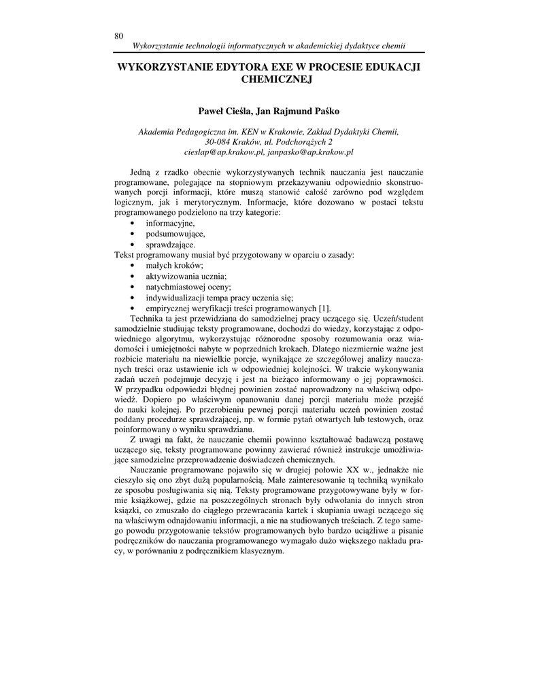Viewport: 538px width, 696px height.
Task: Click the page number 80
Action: [119, 36]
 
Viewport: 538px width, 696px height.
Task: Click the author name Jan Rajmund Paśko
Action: [299, 111]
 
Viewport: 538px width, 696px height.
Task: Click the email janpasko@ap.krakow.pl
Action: [306, 153]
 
